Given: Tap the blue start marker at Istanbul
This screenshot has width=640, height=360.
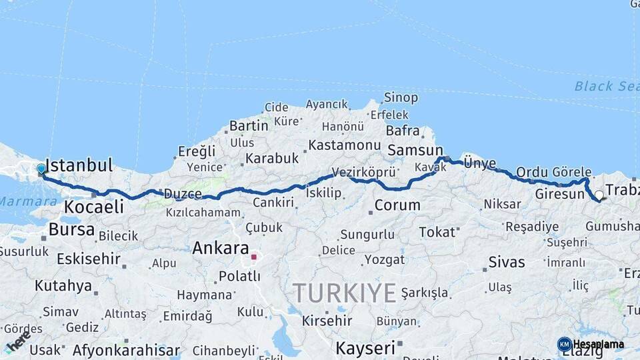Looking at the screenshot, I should point(41,169).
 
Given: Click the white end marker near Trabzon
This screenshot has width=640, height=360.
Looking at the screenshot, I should point(599,195).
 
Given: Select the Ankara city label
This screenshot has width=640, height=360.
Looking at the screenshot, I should point(221,249).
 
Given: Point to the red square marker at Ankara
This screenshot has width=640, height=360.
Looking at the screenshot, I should point(253,256).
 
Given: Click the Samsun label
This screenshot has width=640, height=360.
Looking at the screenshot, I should point(415,150).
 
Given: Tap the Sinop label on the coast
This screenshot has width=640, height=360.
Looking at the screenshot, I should point(401,98).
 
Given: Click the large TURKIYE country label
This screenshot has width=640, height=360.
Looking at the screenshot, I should point(345,293).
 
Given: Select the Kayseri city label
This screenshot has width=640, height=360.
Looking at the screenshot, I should point(365,347).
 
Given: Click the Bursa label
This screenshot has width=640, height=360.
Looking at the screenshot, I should point(71,230).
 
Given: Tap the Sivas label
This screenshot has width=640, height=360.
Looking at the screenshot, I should point(507,262).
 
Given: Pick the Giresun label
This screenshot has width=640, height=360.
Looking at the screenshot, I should point(559,195).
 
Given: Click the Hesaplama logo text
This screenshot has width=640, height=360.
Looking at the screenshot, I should point(599,345).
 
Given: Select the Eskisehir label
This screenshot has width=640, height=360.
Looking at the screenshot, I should point(89,259).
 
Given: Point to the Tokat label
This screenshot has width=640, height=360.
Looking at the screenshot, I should point(437,232).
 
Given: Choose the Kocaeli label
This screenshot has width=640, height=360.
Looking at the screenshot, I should point(94,207).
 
